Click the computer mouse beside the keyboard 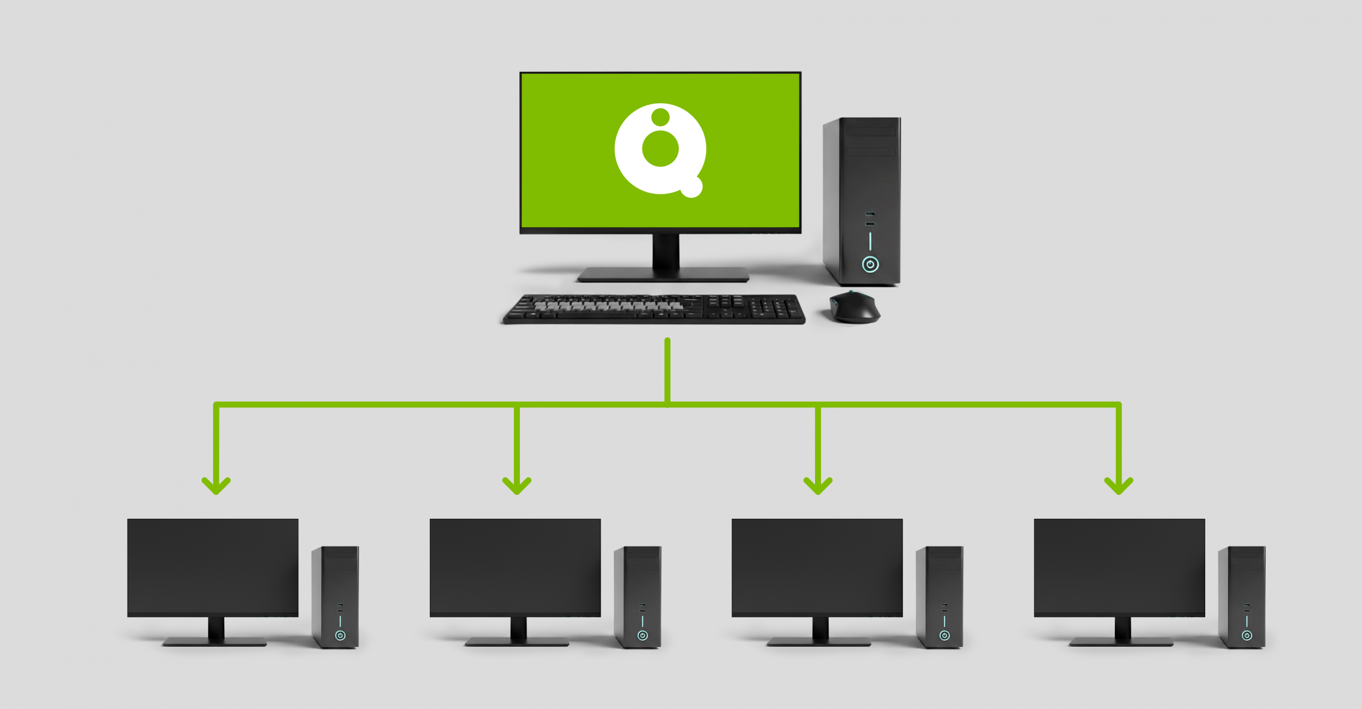coord(854,307)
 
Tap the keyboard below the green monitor coord(654,309)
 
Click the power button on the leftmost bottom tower coord(340,636)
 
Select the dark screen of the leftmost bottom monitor coord(212,566)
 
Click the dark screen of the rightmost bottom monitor coord(1120,566)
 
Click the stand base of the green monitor coord(663,275)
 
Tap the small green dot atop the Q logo coord(661,116)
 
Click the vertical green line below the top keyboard coord(667,370)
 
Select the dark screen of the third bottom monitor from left coord(817,566)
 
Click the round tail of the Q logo coord(691,187)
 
